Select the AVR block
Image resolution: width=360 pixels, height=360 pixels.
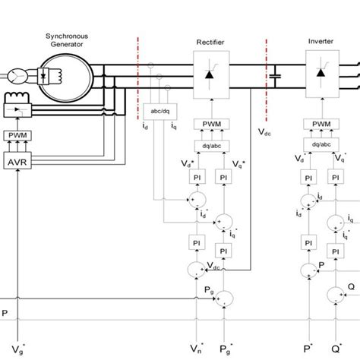coord(16,162)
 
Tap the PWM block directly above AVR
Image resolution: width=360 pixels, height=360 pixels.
coord(16,136)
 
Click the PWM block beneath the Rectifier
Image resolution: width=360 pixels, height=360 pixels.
coord(207,124)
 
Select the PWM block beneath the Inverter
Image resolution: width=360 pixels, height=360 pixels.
coord(323,124)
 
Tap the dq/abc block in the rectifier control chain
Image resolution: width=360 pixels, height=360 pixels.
coord(207,145)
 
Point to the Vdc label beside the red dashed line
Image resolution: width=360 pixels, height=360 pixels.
coord(265,131)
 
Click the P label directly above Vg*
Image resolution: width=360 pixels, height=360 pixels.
coord(6,312)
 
